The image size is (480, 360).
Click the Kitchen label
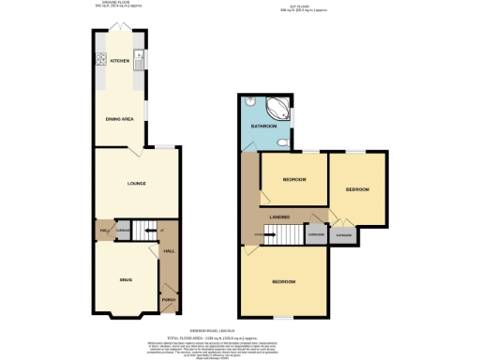pyautogui.click(x=119, y=61)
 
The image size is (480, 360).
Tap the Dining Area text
pyautogui.click(x=117, y=118)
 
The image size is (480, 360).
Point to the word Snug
pyautogui.click(x=125, y=279)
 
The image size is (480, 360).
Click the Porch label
pyautogui.click(x=168, y=299)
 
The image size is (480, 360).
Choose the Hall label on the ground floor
pyautogui.click(x=170, y=251)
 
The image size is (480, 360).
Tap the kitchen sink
pyautogui.click(x=138, y=62)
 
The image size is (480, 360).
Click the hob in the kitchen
pyautogui.click(x=99, y=60)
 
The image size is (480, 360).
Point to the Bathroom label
pyautogui.click(x=263, y=127)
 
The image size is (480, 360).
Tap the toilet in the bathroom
pyautogui.click(x=281, y=142)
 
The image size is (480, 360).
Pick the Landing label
pyautogui.click(x=279, y=217)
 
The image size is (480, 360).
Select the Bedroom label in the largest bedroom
pyautogui.click(x=284, y=282)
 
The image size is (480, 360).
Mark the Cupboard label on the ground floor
pyautogui.click(x=122, y=229)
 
